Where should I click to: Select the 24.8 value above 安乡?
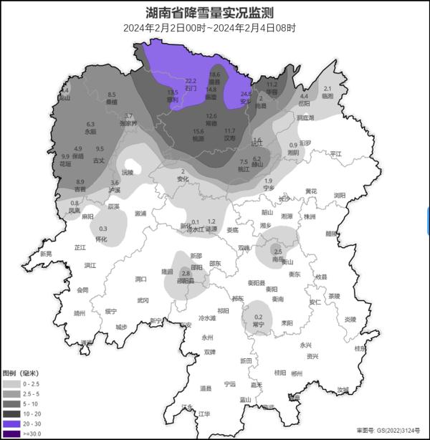click(246, 94)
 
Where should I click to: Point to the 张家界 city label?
click(128, 123)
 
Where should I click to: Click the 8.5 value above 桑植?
click(112, 95)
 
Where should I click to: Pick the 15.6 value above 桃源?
click(199, 131)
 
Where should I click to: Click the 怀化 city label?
click(101, 239)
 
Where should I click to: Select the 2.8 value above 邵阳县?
click(186, 273)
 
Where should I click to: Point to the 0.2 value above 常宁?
click(259, 317)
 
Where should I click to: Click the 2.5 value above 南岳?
click(278, 252)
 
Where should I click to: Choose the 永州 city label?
click(208, 336)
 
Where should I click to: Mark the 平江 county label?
click(336, 154)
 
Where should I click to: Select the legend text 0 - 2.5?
click(32, 384)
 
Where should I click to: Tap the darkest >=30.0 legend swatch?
click(11, 434)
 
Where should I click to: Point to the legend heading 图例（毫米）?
click(21, 373)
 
